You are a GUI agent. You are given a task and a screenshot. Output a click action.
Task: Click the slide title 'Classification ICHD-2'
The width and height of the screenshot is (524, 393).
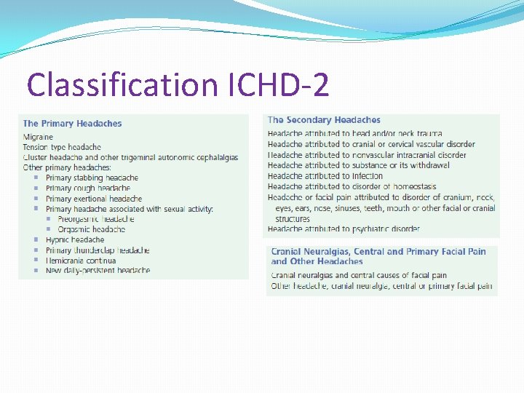pyautogui.click(x=178, y=84)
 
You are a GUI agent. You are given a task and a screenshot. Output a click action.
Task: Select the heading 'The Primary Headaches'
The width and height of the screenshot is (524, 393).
pyautogui.click(x=73, y=124)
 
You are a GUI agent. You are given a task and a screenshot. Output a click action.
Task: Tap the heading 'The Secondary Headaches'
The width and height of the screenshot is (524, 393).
pyautogui.click(x=324, y=120)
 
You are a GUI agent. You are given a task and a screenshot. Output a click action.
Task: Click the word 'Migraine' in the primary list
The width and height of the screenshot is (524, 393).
pyautogui.click(x=38, y=137)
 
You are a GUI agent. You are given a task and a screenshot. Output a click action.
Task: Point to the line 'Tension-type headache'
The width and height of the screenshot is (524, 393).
pyautogui.click(x=62, y=147)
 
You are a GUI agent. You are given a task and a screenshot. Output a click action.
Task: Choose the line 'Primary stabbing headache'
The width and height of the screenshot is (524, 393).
pyautogui.click(x=92, y=178)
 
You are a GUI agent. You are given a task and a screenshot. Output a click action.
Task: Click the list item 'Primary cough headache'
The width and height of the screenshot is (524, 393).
pyautogui.click(x=88, y=188)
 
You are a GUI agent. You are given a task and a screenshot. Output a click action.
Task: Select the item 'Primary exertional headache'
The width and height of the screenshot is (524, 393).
pyautogui.click(x=94, y=199)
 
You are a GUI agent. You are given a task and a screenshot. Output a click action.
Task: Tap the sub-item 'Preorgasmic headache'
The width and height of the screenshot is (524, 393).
pyautogui.click(x=96, y=219)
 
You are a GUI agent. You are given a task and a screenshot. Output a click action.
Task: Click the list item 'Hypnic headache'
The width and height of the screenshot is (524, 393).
pyautogui.click(x=75, y=239)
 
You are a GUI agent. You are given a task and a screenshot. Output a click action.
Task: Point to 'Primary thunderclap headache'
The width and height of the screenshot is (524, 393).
pyautogui.click(x=98, y=250)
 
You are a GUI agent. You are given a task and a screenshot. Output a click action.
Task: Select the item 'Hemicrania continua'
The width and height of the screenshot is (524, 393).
pyautogui.click(x=82, y=261)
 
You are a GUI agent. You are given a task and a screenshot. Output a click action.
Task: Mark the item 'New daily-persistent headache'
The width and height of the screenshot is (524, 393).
pyautogui.click(x=98, y=271)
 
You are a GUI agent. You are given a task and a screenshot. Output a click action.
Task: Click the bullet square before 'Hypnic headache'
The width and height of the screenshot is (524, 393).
pyautogui.click(x=36, y=239)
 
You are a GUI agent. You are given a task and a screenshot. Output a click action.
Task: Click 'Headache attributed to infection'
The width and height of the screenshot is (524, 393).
pyautogui.click(x=325, y=176)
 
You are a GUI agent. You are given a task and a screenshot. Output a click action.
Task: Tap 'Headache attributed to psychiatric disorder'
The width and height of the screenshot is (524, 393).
pyautogui.click(x=344, y=229)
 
